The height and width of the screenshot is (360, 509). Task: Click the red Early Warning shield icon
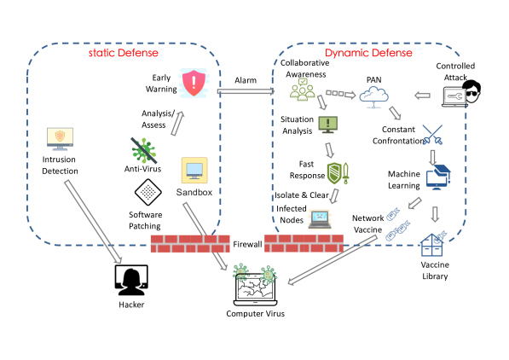(194, 83)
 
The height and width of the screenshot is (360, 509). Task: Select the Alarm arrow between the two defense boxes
(246, 91)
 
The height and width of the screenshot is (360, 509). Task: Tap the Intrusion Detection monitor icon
(60, 139)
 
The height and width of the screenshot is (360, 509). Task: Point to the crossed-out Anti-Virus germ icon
(144, 150)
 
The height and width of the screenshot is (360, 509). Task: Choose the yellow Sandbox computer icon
(194, 171)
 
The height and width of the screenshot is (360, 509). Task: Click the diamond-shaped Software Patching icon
(148, 192)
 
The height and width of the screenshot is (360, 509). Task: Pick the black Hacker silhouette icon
(131, 280)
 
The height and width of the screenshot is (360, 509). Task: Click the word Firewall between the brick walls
(247, 244)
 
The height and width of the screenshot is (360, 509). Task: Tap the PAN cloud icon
(374, 96)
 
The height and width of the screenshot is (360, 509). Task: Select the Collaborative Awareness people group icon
(302, 89)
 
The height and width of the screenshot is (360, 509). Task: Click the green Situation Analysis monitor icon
(328, 125)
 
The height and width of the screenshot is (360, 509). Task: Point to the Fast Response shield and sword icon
(338, 173)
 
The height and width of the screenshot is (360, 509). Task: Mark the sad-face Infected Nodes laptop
(320, 219)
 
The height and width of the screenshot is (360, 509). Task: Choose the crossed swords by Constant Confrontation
(433, 135)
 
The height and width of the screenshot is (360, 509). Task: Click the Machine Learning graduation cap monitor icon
(438, 177)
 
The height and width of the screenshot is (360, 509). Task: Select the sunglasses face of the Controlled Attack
(471, 91)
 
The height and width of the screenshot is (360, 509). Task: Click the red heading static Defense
(124, 53)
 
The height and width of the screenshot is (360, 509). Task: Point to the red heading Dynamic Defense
(368, 53)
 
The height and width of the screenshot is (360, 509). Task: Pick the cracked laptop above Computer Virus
(256, 289)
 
